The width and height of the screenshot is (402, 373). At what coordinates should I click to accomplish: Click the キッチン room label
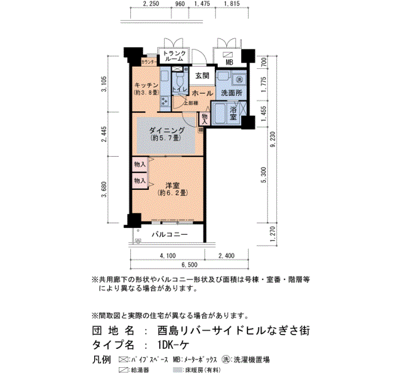coord(142,84)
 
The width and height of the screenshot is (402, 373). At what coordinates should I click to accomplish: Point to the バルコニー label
coord(170,235)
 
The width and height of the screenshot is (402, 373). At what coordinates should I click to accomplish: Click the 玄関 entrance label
coord(202,75)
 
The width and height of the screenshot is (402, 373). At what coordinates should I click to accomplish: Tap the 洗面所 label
coord(231,92)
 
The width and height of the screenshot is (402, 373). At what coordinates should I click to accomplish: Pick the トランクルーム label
coord(173,55)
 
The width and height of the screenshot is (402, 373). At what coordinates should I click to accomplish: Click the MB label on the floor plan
coord(229,62)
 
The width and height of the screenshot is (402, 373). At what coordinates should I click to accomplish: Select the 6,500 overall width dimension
coord(190,265)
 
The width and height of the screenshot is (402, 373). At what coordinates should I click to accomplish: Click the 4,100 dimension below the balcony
coord(168,255)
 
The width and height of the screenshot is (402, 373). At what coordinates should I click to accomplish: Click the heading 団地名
coord(113,331)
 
